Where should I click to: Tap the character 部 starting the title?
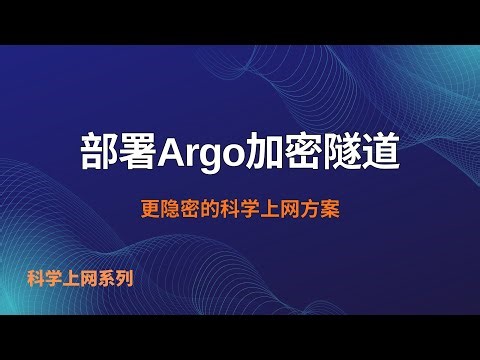pos(99,152)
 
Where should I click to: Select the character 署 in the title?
pos(139,152)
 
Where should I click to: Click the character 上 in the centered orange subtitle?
pos(270,212)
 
